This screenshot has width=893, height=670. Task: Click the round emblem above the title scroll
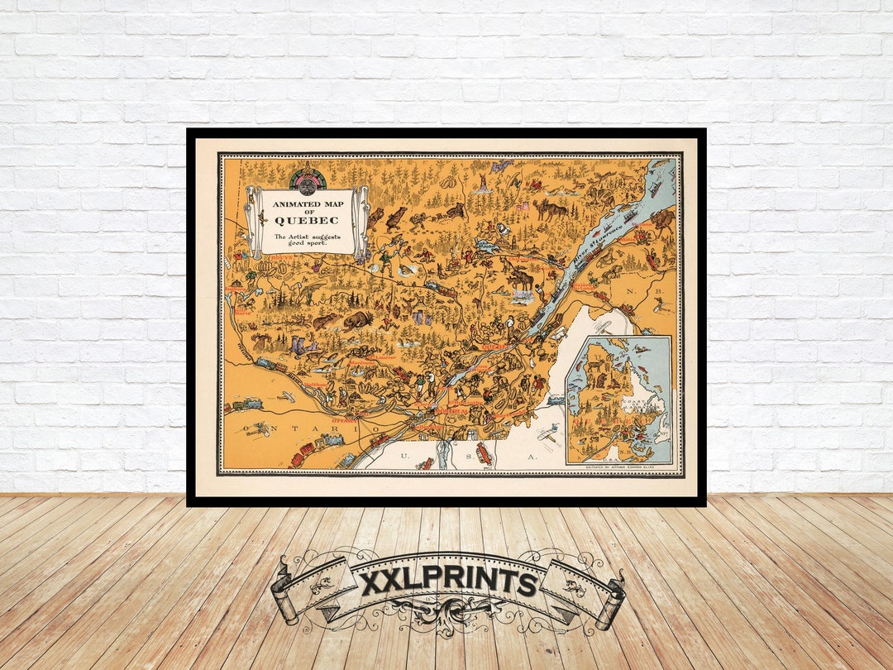tap(308, 179)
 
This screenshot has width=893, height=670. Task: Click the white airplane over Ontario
tap(258, 428)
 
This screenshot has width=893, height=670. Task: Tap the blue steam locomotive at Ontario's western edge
tap(245, 404)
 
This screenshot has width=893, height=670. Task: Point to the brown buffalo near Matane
tap(661, 219)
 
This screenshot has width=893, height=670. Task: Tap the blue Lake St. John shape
tap(485, 246)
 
